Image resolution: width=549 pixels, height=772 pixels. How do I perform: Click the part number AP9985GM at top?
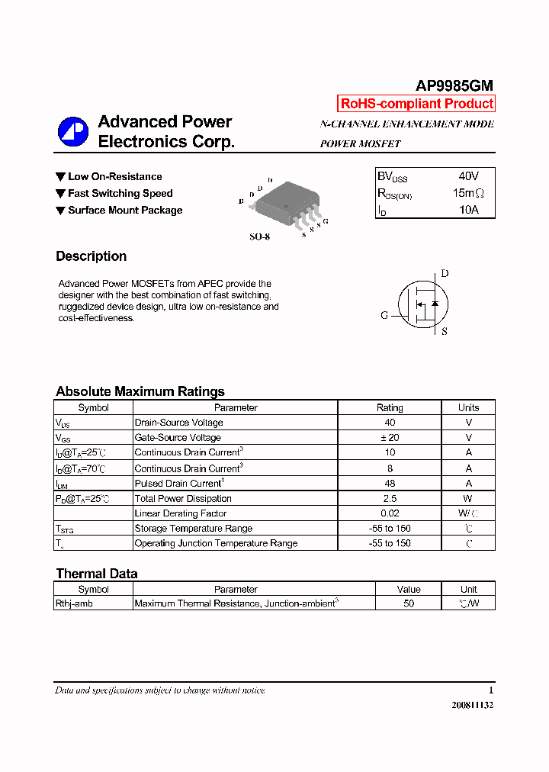click(454, 86)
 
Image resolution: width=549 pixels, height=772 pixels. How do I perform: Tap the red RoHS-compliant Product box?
click(416, 104)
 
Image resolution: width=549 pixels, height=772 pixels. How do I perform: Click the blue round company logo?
click(73, 132)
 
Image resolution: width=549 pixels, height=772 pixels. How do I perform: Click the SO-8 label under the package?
click(259, 237)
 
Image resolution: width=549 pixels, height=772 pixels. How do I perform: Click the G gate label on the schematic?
click(384, 315)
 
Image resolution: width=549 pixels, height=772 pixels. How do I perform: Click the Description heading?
click(91, 256)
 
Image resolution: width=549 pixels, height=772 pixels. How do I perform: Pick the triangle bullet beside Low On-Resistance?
click(60, 177)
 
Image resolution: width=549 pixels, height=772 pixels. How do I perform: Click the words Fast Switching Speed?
click(120, 194)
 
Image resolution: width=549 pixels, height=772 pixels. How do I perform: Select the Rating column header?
click(390, 407)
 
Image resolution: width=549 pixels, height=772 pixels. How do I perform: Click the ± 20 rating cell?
click(390, 438)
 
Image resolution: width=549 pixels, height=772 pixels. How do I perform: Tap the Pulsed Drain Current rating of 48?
click(390, 483)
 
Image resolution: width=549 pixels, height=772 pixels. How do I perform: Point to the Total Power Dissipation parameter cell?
click(183, 498)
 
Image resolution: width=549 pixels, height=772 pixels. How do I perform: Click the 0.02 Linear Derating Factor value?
click(390, 513)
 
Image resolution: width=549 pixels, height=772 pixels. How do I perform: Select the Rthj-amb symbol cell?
click(75, 603)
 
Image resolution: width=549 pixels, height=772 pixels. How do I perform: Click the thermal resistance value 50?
click(409, 603)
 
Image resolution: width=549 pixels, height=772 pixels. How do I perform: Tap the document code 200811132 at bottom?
click(472, 706)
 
